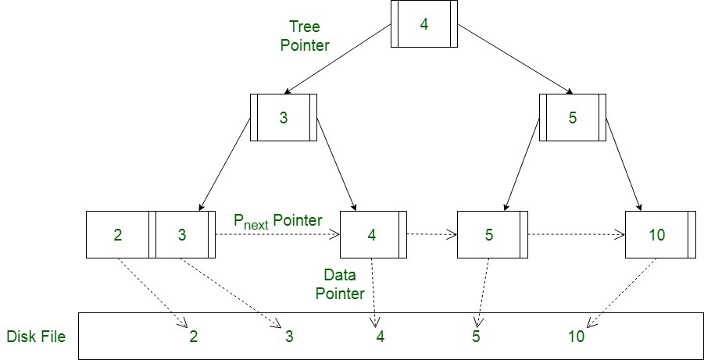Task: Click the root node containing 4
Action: coord(423,24)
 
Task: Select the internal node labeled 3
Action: coord(283,118)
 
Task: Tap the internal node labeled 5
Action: coord(572,118)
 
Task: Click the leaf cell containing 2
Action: coord(117,234)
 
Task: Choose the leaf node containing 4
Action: coord(373,234)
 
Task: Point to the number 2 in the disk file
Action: coord(193,337)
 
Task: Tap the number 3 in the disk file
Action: coord(289,337)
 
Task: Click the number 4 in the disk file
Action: coord(381,337)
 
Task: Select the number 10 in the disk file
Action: coord(576,337)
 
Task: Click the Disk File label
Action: coord(36,337)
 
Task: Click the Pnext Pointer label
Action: coord(278,221)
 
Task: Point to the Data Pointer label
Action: coord(344,284)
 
